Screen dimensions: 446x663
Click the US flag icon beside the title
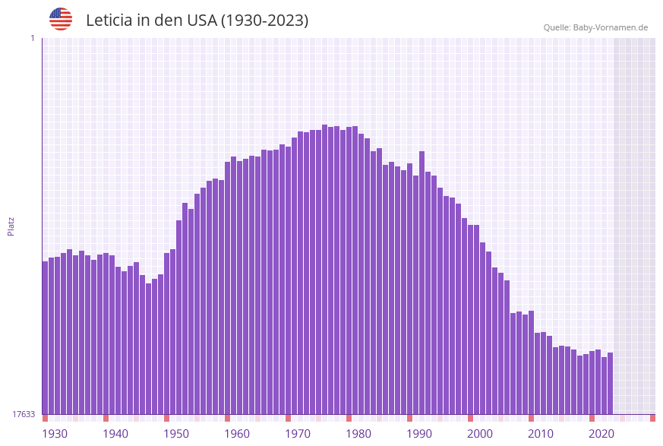pyautogui.click(x=61, y=19)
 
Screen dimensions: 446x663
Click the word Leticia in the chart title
pyautogui.click(x=109, y=21)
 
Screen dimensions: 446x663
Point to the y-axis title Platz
pyautogui.click(x=11, y=226)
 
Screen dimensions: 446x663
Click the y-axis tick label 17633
pyautogui.click(x=23, y=414)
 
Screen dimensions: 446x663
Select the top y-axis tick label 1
pyautogui.click(x=32, y=38)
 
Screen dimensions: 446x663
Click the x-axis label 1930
pyautogui.click(x=55, y=434)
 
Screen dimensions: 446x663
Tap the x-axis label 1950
pyautogui.click(x=176, y=434)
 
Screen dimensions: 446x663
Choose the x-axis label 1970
pyautogui.click(x=298, y=434)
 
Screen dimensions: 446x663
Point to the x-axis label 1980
pyautogui.click(x=358, y=434)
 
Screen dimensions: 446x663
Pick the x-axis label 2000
pyautogui.click(x=480, y=434)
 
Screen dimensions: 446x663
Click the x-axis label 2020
pyautogui.click(x=601, y=434)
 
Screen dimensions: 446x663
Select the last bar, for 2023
pyautogui.click(x=610, y=384)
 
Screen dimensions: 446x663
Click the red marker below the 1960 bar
pyautogui.click(x=227, y=418)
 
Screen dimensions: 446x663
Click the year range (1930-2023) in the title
pyautogui.click(x=264, y=21)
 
